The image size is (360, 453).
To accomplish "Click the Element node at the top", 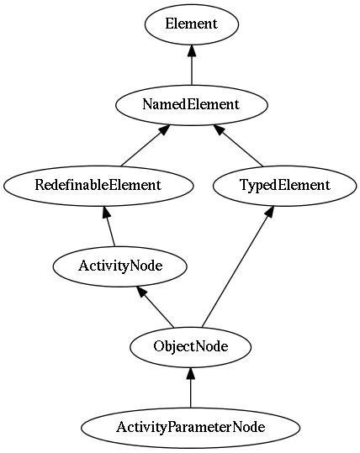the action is pyautogui.click(x=192, y=24).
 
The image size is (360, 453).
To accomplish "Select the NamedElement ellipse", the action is pyautogui.click(x=192, y=105).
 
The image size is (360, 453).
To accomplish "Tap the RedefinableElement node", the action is pyautogui.click(x=98, y=186).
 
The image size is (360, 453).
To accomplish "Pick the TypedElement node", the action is pyautogui.click(x=285, y=186).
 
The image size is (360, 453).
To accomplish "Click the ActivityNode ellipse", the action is pyautogui.click(x=120, y=266).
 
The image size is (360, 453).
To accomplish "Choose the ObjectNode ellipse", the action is pyautogui.click(x=191, y=347).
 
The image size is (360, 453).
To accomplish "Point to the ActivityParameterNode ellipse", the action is pyautogui.click(x=191, y=428).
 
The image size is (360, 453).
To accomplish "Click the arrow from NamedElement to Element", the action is pyautogui.click(x=192, y=65).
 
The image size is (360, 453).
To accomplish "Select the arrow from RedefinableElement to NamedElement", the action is pyautogui.click(x=145, y=145).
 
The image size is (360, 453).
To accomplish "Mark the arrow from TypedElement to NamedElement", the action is pyautogui.click(x=238, y=145).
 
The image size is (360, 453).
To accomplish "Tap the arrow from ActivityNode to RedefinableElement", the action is pyautogui.click(x=109, y=226).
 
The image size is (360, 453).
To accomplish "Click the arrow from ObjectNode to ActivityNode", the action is pyautogui.click(x=156, y=307).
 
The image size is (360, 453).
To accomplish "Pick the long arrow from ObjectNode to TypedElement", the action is pyautogui.click(x=238, y=266).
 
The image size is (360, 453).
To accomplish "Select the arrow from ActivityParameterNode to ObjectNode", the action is pyautogui.click(x=191, y=387).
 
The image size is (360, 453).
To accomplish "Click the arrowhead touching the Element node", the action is pyautogui.click(x=192, y=50).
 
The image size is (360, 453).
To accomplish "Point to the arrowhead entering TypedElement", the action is pyautogui.click(x=269, y=212).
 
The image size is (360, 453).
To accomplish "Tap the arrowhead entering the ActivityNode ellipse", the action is pyautogui.click(x=141, y=292).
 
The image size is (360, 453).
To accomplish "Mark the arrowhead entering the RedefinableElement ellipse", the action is pyautogui.click(x=106, y=212).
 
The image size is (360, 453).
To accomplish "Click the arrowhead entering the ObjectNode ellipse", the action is pyautogui.click(x=191, y=374).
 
